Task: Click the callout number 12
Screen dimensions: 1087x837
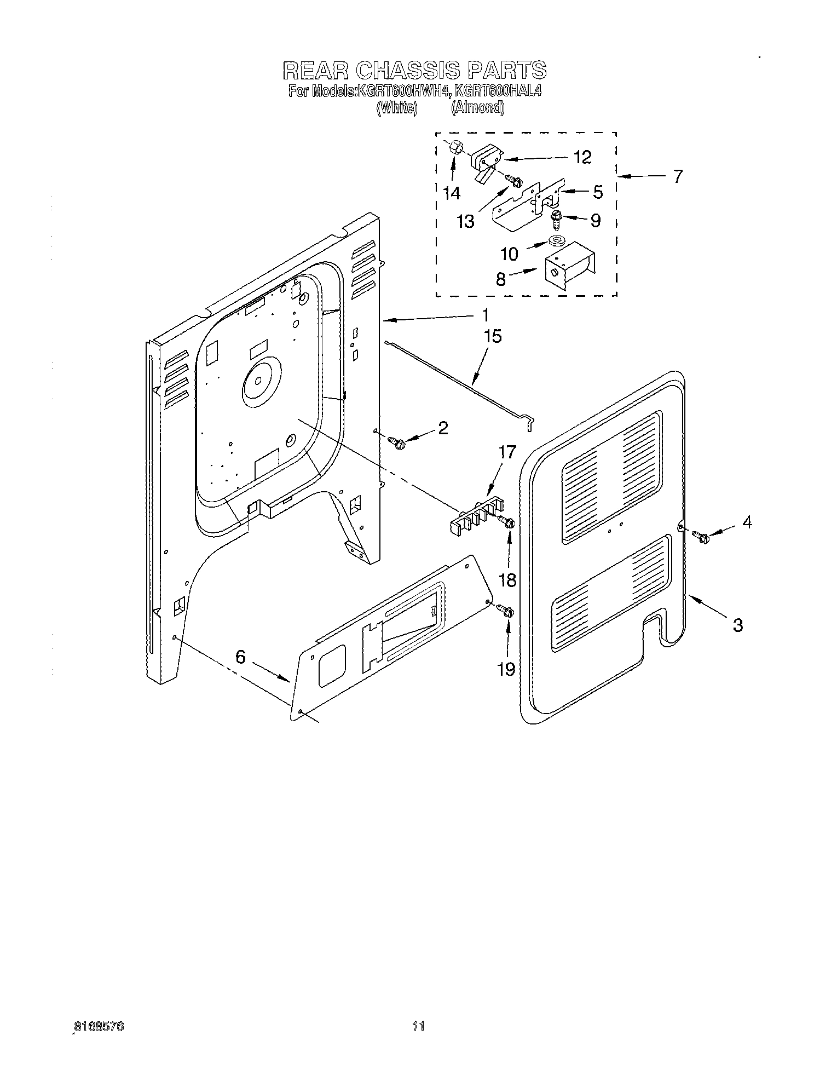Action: coord(583,158)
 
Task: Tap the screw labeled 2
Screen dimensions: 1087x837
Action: coord(396,441)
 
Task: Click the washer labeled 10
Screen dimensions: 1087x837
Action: coord(557,241)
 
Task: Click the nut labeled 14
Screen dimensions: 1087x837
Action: coord(456,148)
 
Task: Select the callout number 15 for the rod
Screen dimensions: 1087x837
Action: coord(493,336)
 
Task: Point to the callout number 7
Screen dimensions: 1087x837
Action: coord(678,176)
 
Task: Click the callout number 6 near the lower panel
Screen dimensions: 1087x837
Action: coord(241,656)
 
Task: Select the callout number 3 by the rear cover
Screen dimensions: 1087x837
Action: coord(737,625)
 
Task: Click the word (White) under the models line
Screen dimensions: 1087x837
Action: coord(397,108)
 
